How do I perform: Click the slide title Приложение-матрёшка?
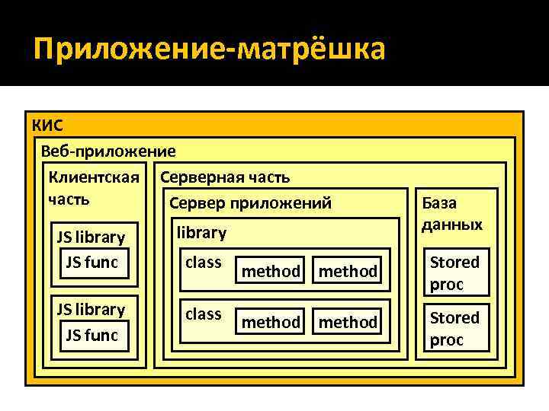pyautogui.click(x=210, y=50)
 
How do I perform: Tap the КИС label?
pyautogui.click(x=48, y=125)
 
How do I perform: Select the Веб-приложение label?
pyautogui.click(x=108, y=151)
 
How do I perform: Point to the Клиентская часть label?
pyautogui.click(x=93, y=188)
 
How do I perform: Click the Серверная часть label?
pyautogui.click(x=224, y=177)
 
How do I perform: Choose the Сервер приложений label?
pyautogui.click(x=250, y=202)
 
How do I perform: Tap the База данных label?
pyautogui.click(x=452, y=214)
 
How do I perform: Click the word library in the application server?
pyautogui.click(x=201, y=232)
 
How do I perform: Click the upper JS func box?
pyautogui.click(x=91, y=263)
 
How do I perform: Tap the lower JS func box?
pyautogui.click(x=91, y=334)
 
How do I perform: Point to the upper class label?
pyautogui.click(x=204, y=263)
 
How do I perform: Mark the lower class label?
pyautogui.click(x=204, y=314)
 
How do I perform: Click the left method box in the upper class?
pyautogui.click(x=271, y=271)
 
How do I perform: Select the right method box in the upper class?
pyautogui.click(x=348, y=271)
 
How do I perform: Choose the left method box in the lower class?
pyautogui.click(x=271, y=322)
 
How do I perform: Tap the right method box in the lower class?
pyautogui.click(x=348, y=322)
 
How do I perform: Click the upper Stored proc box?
pyautogui.click(x=455, y=273)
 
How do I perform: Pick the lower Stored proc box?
pyautogui.click(x=455, y=329)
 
